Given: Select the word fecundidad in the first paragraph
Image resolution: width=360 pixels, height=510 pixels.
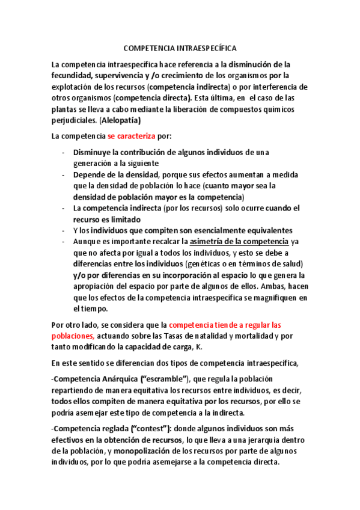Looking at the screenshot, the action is pos(71,75).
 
